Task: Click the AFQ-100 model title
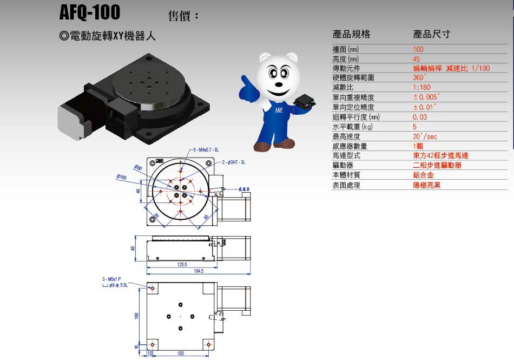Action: click(x=90, y=12)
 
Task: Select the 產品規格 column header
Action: click(x=351, y=34)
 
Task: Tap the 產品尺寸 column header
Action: click(x=431, y=34)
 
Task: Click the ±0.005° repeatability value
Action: click(x=426, y=97)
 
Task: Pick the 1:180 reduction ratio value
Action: click(x=421, y=88)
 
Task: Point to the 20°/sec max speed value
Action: click(x=425, y=136)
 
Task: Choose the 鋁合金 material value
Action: click(x=423, y=175)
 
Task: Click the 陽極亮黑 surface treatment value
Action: click(x=426, y=185)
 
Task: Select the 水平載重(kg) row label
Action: click(x=353, y=127)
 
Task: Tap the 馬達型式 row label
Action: click(x=346, y=155)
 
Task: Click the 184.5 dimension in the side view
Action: click(x=198, y=271)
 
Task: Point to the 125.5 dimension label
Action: click(x=182, y=265)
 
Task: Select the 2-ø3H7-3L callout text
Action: click(x=234, y=162)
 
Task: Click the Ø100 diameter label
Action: click(x=121, y=177)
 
